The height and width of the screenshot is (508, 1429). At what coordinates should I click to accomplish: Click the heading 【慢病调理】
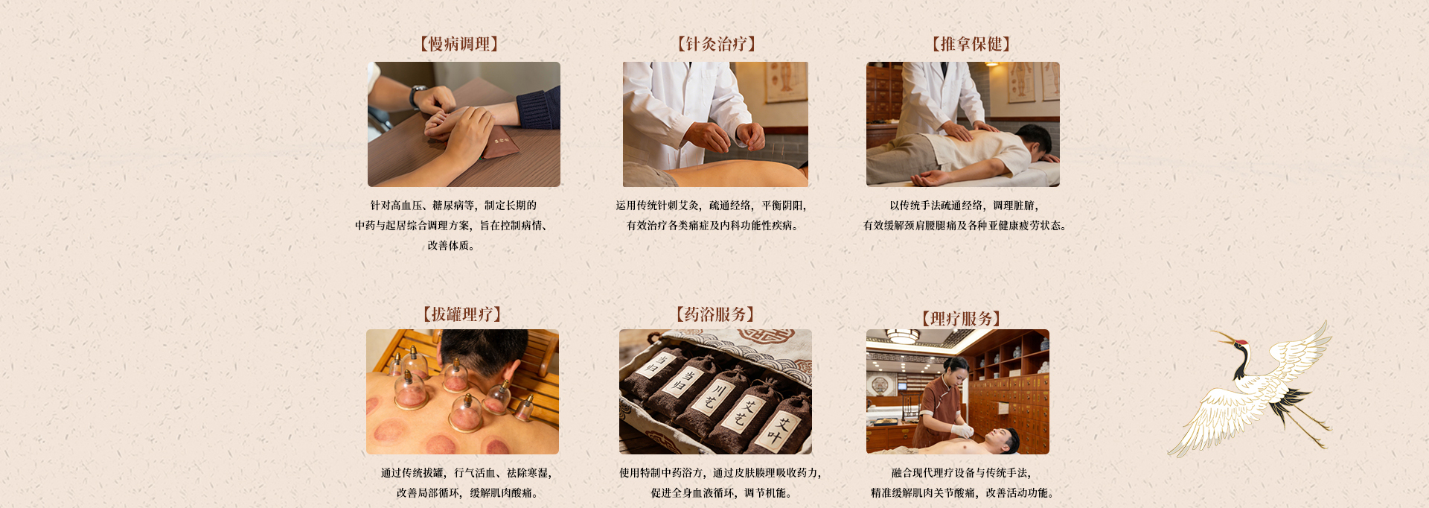coord(459,44)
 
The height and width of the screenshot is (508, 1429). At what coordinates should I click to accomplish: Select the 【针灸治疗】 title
coord(716,44)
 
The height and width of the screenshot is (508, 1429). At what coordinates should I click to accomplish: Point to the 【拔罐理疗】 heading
coord(462,314)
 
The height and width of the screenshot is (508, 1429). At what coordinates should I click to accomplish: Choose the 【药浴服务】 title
coord(715,314)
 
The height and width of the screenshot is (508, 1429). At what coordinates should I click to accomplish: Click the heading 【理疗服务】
coord(961,319)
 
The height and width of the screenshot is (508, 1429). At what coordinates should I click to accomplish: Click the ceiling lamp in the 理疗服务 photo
coord(903,336)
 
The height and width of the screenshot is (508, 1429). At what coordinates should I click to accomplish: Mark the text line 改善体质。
coord(451,246)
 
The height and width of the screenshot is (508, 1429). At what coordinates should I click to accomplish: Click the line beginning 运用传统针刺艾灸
coord(711,206)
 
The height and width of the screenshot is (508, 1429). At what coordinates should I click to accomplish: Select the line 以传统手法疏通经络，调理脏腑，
coord(965,206)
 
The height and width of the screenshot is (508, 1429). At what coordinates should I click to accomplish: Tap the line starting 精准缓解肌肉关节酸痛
coord(962,493)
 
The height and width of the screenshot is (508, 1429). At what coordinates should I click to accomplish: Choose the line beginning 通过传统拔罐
coord(467,473)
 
